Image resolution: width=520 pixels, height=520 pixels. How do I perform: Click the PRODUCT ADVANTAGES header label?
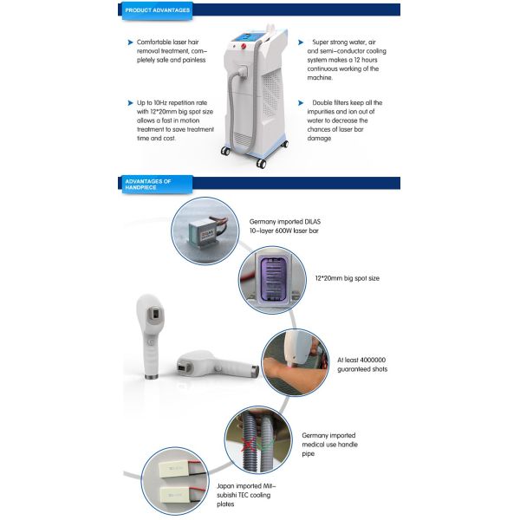tap(154, 10)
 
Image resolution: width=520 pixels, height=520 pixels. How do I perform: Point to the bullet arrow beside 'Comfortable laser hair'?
tap(130, 42)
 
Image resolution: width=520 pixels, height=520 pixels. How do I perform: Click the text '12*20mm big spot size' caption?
tap(346, 278)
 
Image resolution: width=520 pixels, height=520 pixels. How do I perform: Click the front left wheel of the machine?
tap(227, 151)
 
